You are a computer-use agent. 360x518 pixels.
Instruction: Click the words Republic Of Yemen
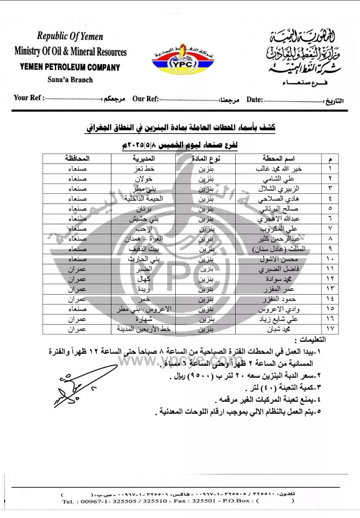(70, 36)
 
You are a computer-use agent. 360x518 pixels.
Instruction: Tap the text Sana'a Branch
(70, 80)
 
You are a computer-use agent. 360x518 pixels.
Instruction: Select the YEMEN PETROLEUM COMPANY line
(70, 67)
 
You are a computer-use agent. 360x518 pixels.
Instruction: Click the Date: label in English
(255, 100)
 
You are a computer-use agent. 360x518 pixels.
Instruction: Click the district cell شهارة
(145, 320)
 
